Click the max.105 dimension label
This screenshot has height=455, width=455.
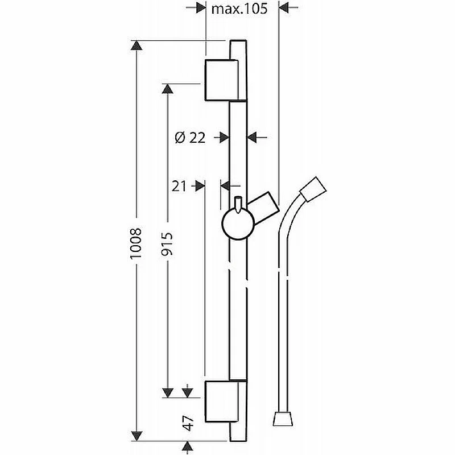coord(239,9)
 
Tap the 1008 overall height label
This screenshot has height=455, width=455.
coord(136,243)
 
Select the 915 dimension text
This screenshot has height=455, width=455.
coord(167,243)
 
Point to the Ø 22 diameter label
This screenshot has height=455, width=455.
coord(190,137)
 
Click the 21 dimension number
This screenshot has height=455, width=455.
coord(179,186)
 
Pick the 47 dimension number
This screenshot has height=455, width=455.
coord(188,423)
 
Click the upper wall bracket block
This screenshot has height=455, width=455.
coord(222,80)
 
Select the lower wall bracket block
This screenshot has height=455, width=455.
coord(222,402)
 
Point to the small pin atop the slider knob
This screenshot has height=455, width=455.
coord(238,205)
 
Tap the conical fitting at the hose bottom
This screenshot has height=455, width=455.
coord(283,418)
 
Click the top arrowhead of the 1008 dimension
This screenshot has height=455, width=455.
coord(136,45)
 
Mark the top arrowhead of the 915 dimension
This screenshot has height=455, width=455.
coord(167,89)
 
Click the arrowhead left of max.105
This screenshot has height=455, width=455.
coord(201,8)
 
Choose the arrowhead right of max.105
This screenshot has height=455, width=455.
coord(283,8)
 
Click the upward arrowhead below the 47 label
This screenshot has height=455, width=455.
coord(188,446)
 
